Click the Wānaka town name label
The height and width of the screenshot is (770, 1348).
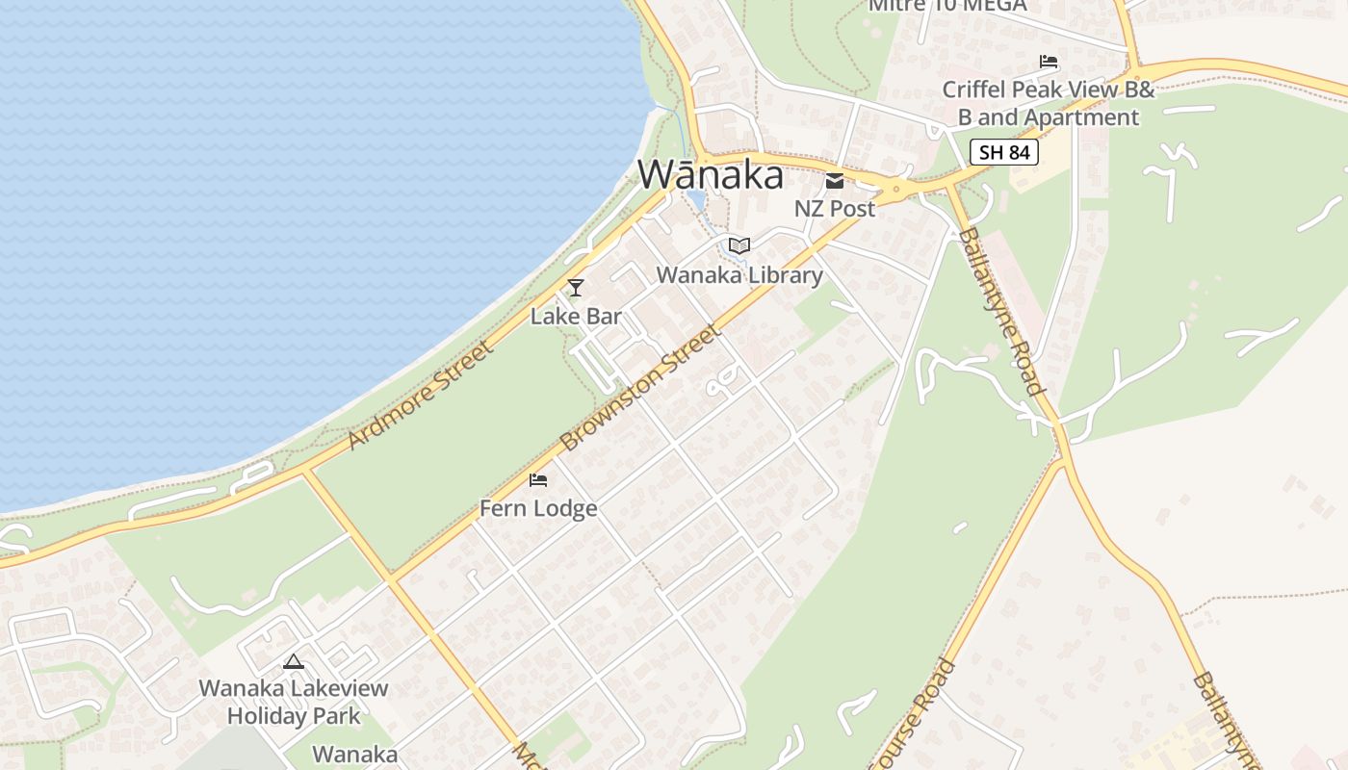(711, 175)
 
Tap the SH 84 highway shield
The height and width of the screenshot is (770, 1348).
(1003, 151)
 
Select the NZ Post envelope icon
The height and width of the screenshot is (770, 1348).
(834, 180)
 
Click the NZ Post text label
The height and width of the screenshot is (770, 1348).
(834, 208)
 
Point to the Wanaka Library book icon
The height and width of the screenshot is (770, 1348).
(739, 246)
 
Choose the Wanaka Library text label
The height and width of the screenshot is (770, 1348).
(739, 275)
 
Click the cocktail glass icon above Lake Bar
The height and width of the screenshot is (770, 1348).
(576, 287)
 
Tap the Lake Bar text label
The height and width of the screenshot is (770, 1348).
(576, 316)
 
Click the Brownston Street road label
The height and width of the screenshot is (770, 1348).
(639, 389)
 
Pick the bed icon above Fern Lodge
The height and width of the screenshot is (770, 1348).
(538, 479)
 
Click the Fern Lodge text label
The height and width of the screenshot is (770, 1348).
(538, 508)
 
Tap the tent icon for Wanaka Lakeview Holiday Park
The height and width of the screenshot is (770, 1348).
(294, 661)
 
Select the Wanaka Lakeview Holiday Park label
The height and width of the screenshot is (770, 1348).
(294, 702)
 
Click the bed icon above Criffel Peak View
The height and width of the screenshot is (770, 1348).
(1049, 63)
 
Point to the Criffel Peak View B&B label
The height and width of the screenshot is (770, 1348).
(1048, 103)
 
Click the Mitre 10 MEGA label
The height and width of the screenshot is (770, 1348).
(947, 6)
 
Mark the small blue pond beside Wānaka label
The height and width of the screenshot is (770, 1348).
(695, 199)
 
